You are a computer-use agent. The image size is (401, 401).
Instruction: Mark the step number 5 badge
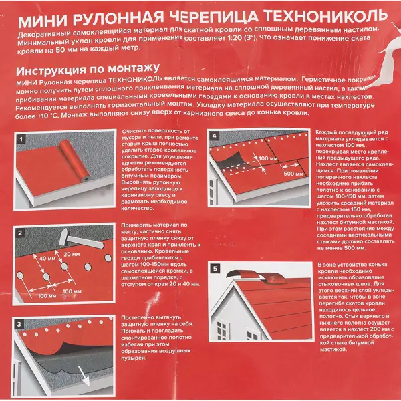point(214,269)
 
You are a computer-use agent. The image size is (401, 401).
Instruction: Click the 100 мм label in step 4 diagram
point(267,159)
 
